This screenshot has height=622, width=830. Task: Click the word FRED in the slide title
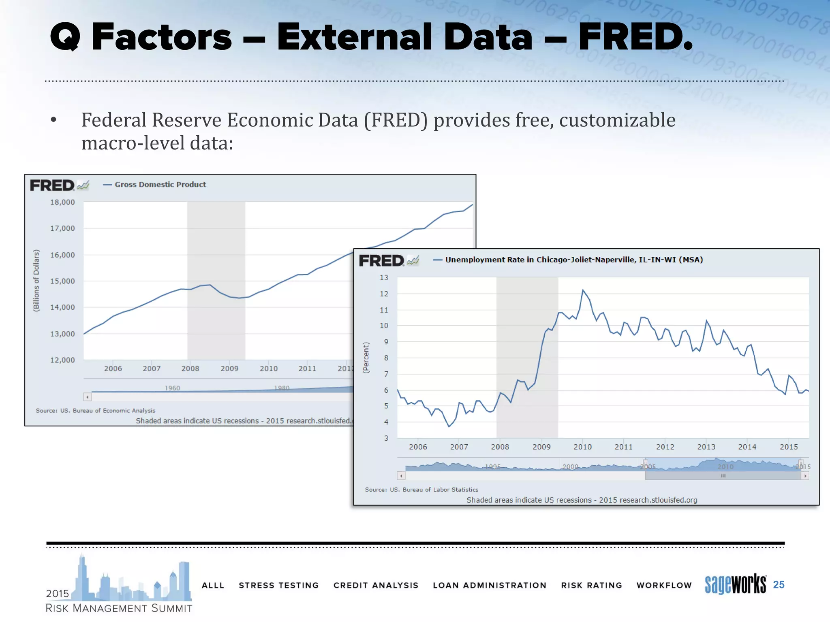point(634,37)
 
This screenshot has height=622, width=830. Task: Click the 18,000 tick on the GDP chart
point(62,202)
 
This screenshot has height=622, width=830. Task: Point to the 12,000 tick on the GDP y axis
point(62,360)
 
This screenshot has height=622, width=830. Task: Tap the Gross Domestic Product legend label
point(160,185)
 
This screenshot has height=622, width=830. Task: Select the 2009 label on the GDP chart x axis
point(229,369)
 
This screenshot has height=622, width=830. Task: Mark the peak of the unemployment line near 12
point(583,290)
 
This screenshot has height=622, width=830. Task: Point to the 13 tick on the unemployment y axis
point(384,278)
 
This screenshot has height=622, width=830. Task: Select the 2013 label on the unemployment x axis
point(706,447)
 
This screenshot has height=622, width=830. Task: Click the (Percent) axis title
point(366,358)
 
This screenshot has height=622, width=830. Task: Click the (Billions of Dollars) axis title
point(36,281)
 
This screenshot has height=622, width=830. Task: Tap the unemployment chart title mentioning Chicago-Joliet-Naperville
point(574,260)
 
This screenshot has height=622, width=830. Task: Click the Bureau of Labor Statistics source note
point(421,490)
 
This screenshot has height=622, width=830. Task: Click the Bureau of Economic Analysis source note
point(96,411)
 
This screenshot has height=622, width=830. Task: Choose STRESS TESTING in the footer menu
point(278,585)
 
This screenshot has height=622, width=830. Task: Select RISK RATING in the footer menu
point(591,585)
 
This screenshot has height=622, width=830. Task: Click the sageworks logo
point(735,584)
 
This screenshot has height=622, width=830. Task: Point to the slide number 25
point(779,584)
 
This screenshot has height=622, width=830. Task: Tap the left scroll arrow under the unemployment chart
point(401,476)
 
